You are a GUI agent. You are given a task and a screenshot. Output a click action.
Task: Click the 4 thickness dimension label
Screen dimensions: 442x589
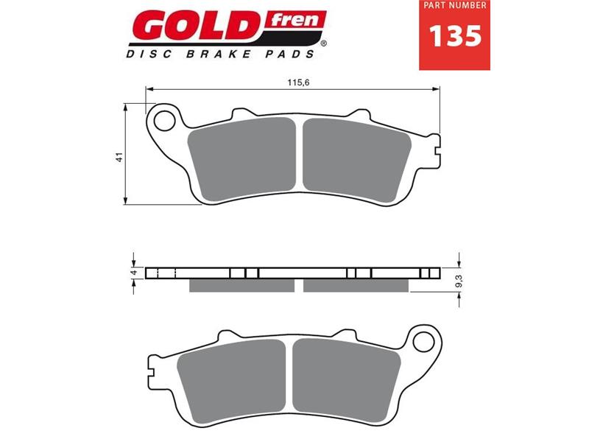click(x=134, y=273)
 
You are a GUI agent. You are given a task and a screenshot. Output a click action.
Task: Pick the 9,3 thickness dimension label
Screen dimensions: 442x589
click(x=459, y=281)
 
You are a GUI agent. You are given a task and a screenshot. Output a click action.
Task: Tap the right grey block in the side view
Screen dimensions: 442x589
click(x=356, y=285)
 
